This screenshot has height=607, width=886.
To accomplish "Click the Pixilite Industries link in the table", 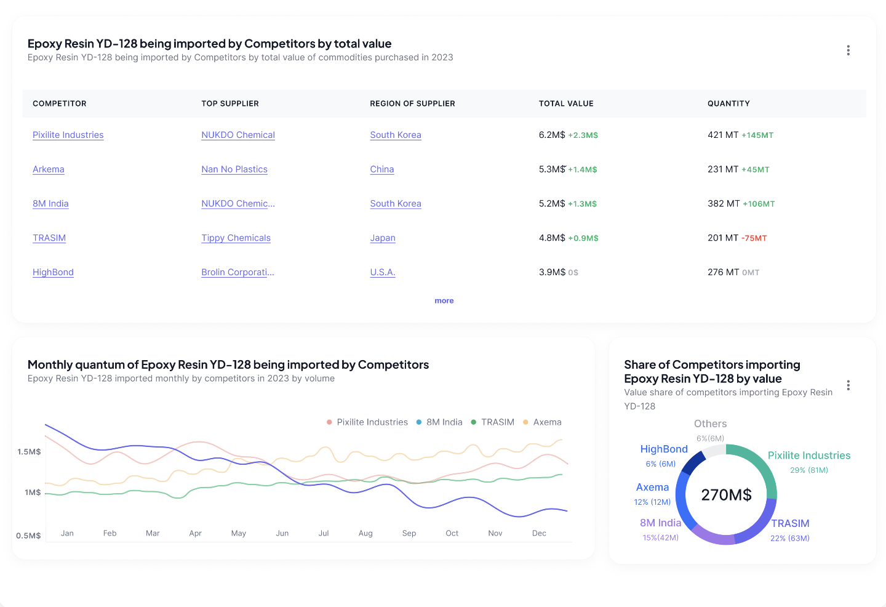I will [x=68, y=135].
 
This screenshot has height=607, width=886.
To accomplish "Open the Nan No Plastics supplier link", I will [x=234, y=169].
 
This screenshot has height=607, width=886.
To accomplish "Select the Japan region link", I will [x=383, y=238].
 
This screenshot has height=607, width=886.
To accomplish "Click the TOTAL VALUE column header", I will [x=566, y=103].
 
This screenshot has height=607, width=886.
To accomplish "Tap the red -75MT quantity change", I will [x=754, y=238].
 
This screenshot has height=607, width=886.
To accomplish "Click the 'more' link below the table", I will [x=444, y=300].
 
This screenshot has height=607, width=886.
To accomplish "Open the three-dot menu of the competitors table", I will [x=848, y=50].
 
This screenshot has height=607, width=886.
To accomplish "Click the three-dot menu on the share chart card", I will [x=848, y=385].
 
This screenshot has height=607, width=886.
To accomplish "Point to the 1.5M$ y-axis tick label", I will [x=29, y=452].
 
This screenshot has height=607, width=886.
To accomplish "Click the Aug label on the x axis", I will [x=365, y=533].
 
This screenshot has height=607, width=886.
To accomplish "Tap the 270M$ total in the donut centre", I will [x=726, y=495].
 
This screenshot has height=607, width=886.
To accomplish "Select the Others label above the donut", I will [x=710, y=424].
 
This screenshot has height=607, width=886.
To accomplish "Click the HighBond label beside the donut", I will [x=664, y=449].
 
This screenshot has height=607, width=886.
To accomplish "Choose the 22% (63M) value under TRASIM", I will [x=790, y=538].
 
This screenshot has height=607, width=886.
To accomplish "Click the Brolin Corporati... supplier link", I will [x=237, y=272].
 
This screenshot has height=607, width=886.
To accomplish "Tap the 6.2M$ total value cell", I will [x=552, y=135].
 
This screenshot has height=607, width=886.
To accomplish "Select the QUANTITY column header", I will [x=728, y=103].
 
